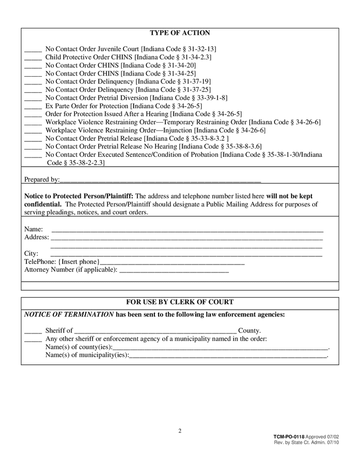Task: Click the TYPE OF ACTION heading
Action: (x=180, y=33)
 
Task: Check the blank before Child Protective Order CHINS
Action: (x=33, y=57)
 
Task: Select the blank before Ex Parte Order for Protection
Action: (x=33, y=106)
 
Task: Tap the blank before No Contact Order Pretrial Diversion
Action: (x=33, y=98)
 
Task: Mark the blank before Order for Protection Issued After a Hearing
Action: (x=33, y=114)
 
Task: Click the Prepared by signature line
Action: (x=160, y=180)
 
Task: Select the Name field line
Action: (x=186, y=229)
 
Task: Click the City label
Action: (x=31, y=254)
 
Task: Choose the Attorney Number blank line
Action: (x=174, y=270)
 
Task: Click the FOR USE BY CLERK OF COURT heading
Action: (x=180, y=302)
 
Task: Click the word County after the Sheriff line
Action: (x=249, y=331)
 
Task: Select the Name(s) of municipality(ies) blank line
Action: (x=228, y=356)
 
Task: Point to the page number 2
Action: (x=180, y=431)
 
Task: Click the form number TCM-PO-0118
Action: (x=289, y=438)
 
